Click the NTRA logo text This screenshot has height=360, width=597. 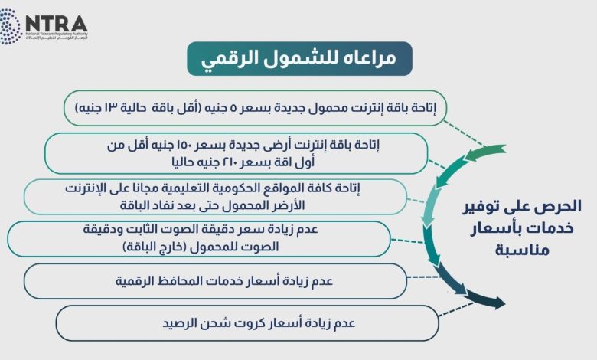57,24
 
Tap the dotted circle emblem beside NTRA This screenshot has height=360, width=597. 9,27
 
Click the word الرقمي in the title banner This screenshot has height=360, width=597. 223,59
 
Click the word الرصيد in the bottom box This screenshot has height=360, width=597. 179,323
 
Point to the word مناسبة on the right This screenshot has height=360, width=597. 522,250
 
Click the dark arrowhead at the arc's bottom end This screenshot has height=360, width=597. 499,303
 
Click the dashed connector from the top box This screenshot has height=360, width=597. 465,133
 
